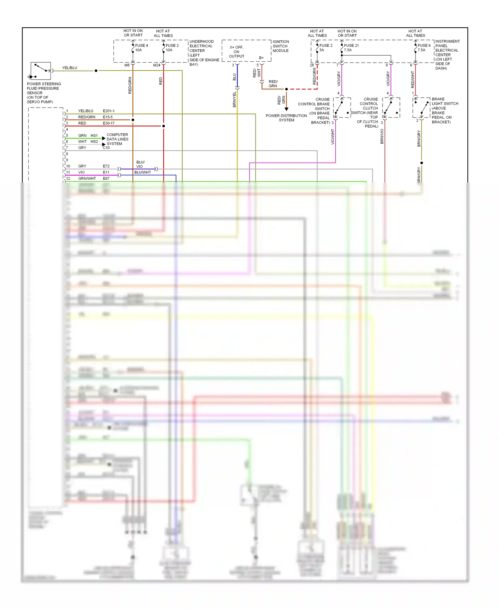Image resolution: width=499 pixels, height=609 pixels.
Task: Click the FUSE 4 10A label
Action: click(141, 48)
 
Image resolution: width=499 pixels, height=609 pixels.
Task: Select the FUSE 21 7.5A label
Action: click(351, 48)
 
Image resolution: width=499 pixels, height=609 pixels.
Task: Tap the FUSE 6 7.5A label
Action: click(424, 48)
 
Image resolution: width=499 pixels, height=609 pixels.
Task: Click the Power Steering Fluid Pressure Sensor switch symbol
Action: click(41, 71)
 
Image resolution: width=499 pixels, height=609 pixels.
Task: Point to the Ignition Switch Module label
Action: click(280, 46)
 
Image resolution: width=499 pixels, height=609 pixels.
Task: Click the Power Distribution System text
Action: click(286, 118)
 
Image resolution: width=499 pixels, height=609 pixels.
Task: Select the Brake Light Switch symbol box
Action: click(421, 108)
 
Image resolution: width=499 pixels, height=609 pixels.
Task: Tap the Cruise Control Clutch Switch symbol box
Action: click(391, 108)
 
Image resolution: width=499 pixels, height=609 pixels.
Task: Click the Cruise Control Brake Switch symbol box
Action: click(342, 108)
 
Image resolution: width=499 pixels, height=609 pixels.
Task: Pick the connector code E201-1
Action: click(108, 111)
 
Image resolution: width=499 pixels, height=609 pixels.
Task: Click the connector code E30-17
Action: click(108, 123)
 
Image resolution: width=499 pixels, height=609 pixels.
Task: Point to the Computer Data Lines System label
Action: click(117, 139)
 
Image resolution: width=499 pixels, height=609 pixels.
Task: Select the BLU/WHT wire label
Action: click(142, 172)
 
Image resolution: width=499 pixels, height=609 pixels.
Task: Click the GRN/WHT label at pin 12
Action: click(87, 179)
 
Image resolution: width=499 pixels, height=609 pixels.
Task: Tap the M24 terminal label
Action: click(156, 65)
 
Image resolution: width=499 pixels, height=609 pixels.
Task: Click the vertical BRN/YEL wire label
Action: click(234, 99)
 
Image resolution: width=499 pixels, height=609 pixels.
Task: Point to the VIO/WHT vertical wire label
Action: click(332, 137)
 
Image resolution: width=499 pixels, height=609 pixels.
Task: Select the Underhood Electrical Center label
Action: click(204, 53)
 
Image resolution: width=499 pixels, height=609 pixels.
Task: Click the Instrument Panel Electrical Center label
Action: click(447, 55)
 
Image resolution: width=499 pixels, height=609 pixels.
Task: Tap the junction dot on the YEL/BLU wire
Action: click(96, 71)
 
